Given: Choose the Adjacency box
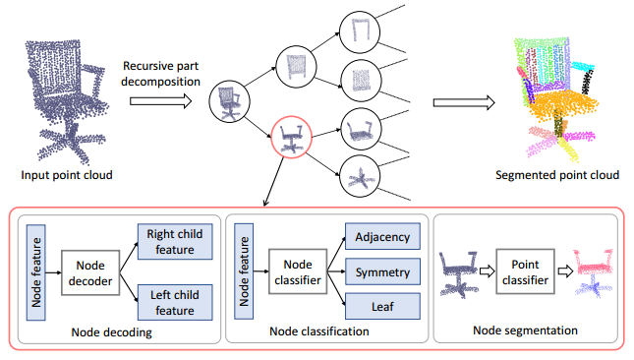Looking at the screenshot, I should click(382, 236).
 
